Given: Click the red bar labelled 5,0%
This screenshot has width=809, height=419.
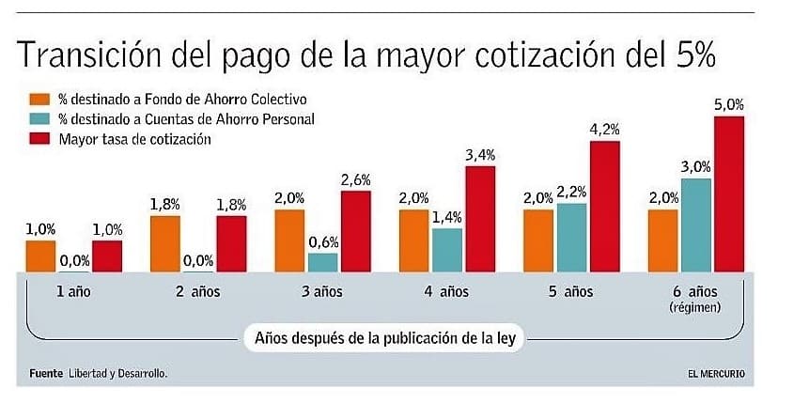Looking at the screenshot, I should coord(729,194).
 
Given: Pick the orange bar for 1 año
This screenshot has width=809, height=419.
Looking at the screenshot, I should coord(41,256).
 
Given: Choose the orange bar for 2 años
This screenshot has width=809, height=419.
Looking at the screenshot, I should coord(165,242).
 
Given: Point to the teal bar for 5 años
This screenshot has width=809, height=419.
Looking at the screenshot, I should coord(571,237).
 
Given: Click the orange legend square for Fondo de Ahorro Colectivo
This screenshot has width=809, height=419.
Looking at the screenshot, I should coord(39,100).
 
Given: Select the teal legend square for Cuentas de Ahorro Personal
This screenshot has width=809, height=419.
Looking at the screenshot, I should coord(39,119).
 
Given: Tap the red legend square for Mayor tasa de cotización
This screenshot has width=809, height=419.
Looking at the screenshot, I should coord(39,139).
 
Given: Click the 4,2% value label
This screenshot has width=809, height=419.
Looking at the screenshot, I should coord(605,129).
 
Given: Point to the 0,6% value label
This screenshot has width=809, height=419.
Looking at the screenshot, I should coord(323,241).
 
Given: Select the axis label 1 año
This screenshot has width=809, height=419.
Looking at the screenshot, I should coord(73,291).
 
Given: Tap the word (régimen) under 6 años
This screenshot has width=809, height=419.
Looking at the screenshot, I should coord(695,307).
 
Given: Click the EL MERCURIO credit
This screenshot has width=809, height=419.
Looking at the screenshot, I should coord(716,374).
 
